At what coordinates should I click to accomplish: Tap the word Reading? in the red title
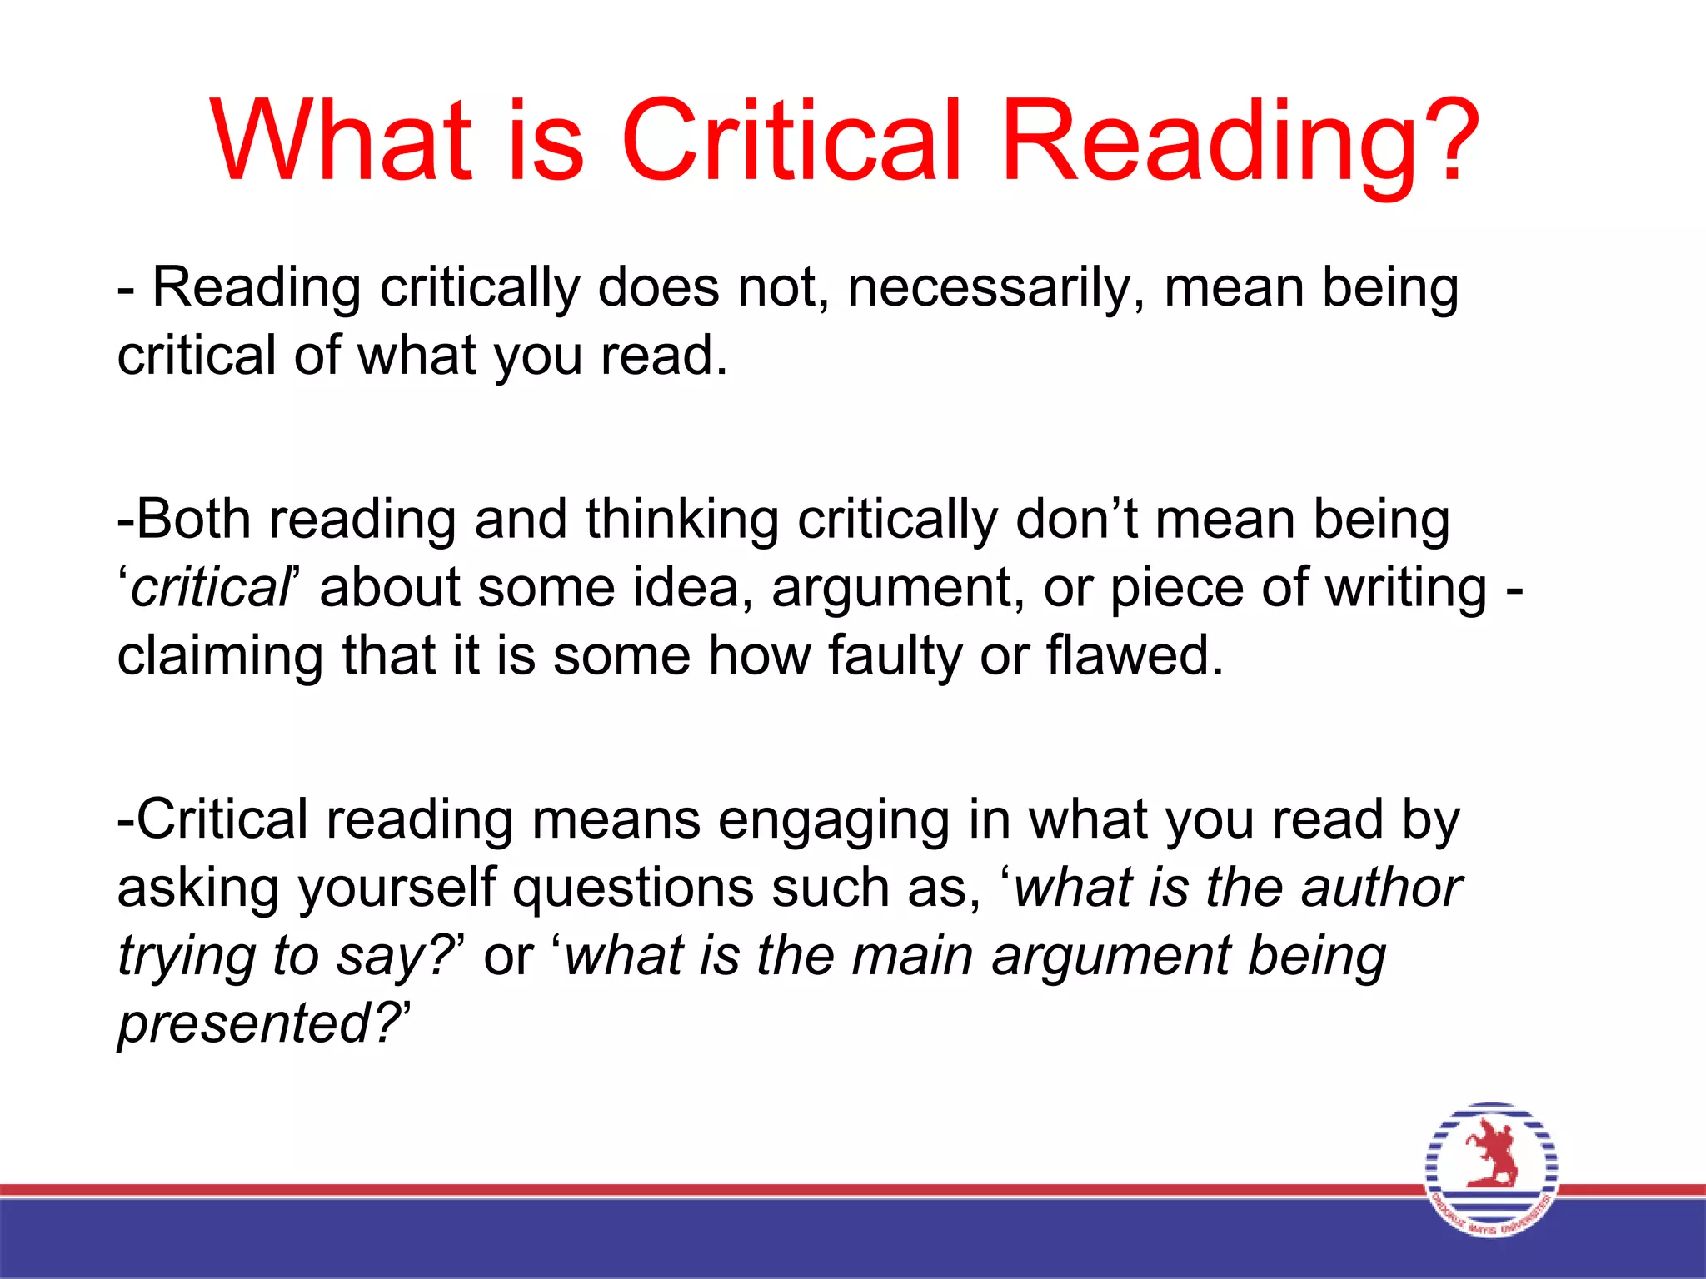tap(1241, 142)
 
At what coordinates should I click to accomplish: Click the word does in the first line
tap(658, 288)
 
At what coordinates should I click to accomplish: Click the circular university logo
tap(1491, 1169)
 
